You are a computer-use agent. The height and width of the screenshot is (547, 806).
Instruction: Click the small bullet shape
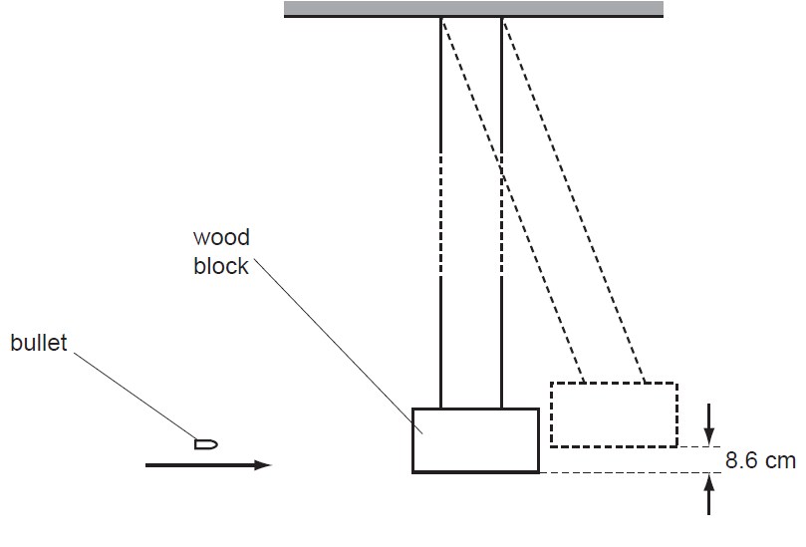[205, 443]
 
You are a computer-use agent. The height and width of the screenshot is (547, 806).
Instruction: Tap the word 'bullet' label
[38, 344]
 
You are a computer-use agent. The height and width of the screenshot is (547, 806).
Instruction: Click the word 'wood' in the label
[221, 238]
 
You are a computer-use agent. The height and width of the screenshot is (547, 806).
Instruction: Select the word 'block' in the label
[221, 266]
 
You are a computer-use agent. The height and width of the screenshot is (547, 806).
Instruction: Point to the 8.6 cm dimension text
[761, 460]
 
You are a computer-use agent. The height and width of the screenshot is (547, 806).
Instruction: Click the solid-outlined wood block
[475, 439]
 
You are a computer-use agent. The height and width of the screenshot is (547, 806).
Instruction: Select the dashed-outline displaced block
[613, 413]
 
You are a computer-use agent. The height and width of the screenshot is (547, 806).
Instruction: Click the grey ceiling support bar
[473, 9]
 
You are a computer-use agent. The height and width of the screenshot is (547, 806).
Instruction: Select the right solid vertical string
[501, 329]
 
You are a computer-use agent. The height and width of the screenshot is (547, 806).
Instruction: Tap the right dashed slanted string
[573, 199]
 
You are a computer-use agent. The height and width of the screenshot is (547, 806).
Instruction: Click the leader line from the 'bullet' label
[134, 393]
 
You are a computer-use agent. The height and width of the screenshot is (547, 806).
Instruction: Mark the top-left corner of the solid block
[413, 409]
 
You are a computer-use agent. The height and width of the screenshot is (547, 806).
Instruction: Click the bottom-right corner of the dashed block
[676, 446]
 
